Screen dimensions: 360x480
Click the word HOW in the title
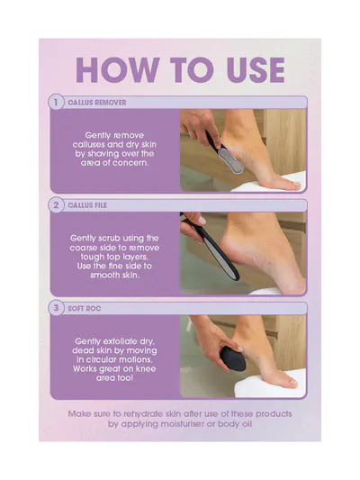pos(118,70)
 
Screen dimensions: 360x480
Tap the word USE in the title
pos(256,70)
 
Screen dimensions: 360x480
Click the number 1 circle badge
pos(56,103)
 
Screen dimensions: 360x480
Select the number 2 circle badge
pos(56,205)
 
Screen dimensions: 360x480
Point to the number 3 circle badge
pos(56,308)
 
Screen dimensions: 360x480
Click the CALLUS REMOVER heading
pos(97,103)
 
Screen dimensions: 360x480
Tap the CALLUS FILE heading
pos(87,205)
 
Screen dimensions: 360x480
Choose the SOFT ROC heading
pos(85,309)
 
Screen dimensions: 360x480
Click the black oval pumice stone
pos(233,358)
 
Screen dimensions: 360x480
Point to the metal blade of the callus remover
pos(230,159)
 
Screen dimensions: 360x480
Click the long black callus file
pos(211,246)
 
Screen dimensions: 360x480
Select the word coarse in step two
pos(84,248)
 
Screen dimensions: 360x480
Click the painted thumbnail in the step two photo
pos(202,220)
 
